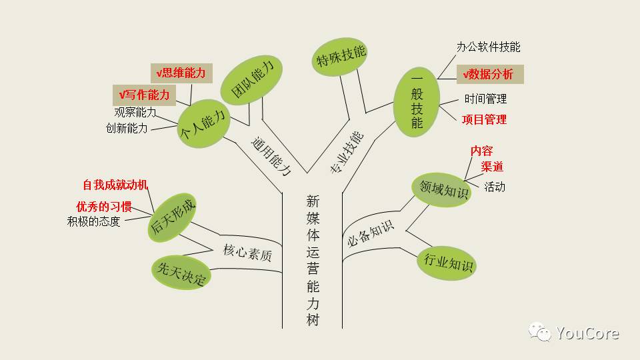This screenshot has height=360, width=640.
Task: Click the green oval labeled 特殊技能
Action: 342,57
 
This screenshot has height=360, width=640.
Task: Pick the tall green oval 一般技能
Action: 417,105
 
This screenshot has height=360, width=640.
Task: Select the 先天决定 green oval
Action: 181,272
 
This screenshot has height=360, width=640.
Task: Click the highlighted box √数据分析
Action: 489,75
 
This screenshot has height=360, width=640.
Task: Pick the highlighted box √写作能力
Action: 144,95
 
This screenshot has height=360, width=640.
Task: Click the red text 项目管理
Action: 484,119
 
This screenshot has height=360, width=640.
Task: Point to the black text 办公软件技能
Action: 489,47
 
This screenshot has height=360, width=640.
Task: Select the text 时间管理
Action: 485,99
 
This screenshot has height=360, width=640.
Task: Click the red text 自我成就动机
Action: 115,185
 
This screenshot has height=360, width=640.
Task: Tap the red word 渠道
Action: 492,167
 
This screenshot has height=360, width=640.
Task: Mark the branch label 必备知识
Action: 371,233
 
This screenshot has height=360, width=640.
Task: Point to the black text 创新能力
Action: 127,128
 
